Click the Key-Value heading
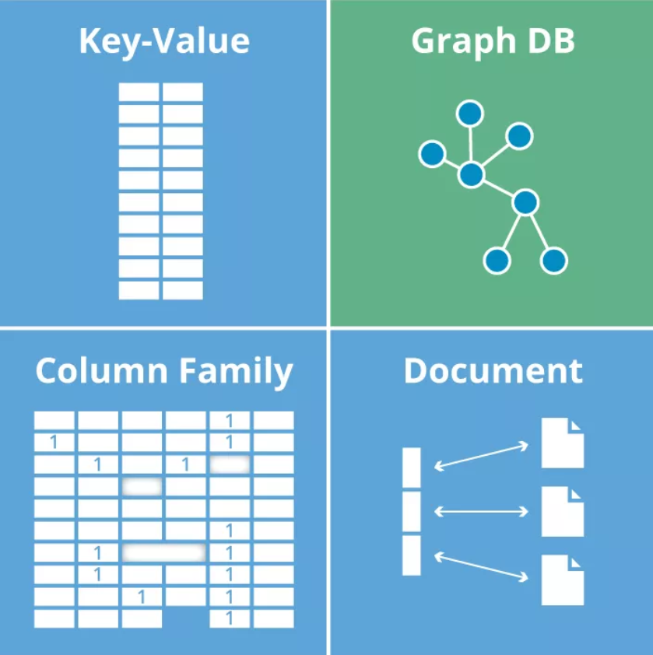[163, 40]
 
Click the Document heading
[493, 371]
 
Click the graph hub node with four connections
[471, 174]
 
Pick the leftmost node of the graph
[432, 153]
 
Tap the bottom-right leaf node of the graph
[553, 260]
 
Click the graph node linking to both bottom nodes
[525, 202]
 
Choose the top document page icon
[563, 443]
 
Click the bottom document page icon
[563, 580]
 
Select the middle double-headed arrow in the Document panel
[480, 511]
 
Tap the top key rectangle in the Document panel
[412, 468]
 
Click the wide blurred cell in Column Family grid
[163, 552]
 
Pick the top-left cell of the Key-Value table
[139, 93]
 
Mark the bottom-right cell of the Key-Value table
[183, 290]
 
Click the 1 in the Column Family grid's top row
[229, 421]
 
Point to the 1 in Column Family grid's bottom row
[229, 618]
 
